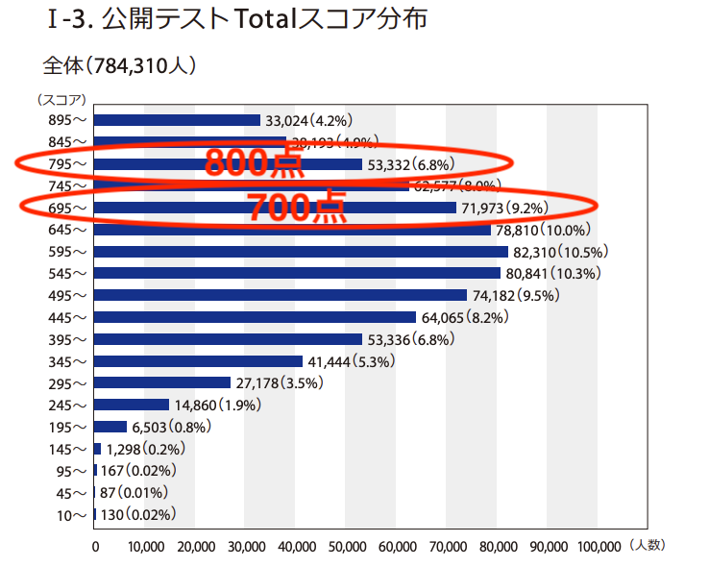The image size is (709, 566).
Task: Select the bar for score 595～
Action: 301,252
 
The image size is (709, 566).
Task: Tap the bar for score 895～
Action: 177,120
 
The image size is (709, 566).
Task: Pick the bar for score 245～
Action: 132,405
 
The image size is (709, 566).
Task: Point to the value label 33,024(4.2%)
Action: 310,120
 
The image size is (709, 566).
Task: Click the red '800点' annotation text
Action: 254,162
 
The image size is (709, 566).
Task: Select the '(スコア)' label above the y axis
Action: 61,98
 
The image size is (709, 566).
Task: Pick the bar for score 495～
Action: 280,295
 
